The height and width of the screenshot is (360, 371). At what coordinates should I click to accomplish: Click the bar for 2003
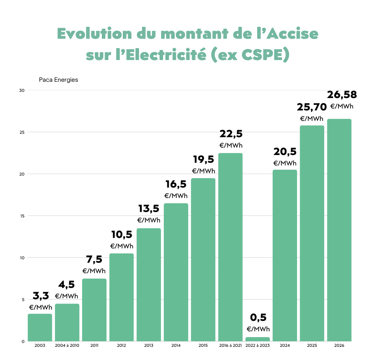(40, 327)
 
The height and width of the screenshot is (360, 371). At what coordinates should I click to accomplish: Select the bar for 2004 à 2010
(67, 322)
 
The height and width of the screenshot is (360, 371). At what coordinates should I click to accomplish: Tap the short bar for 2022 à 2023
(258, 339)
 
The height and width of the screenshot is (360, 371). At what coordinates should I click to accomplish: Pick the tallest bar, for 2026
(339, 230)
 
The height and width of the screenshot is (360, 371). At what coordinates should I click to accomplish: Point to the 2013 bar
(149, 285)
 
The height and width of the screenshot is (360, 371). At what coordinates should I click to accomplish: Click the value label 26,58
(342, 95)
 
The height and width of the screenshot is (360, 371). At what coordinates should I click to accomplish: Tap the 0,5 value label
(258, 317)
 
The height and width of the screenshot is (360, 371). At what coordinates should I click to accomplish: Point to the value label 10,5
(122, 234)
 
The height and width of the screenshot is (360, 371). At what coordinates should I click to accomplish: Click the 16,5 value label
(176, 184)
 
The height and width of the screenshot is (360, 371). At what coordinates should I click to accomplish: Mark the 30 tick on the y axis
(22, 90)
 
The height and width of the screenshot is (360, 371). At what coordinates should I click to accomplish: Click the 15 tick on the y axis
(22, 216)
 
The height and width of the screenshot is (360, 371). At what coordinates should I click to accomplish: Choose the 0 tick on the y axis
(23, 341)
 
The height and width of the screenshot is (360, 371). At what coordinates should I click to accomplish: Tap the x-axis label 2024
(285, 345)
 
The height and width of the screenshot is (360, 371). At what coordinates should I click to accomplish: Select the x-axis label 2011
(94, 345)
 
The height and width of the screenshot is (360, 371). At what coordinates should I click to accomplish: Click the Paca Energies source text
(58, 80)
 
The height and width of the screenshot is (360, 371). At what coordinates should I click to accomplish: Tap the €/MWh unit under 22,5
(231, 145)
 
